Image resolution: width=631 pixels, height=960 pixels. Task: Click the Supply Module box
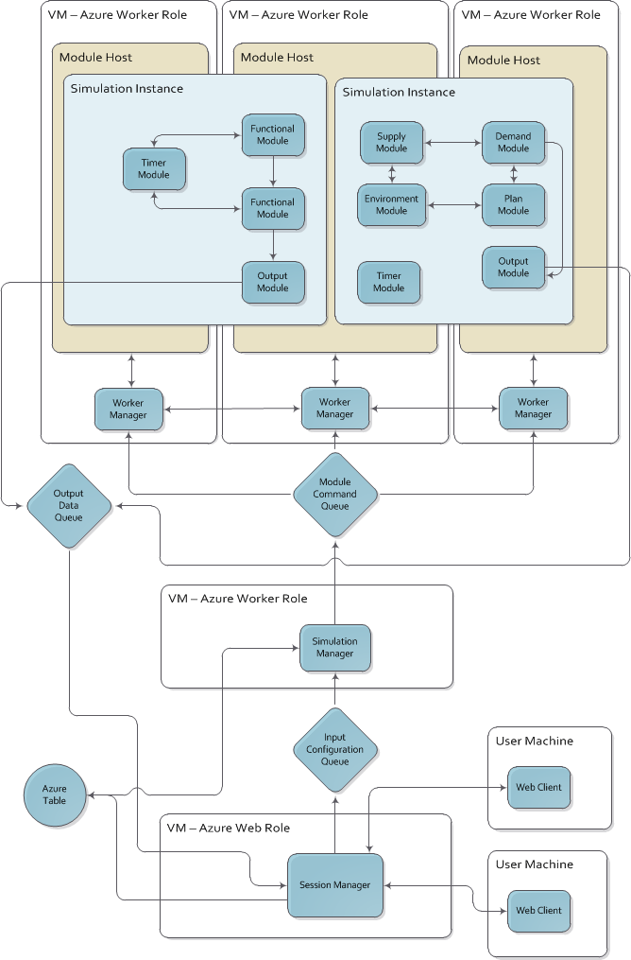(391, 142)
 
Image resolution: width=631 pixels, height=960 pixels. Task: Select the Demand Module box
(513, 142)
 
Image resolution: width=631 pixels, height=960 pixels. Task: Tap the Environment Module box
(391, 204)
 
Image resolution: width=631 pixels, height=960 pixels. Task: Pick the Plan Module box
(513, 204)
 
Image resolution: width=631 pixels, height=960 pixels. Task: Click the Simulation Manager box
(334, 648)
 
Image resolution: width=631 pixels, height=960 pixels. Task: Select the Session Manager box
(334, 884)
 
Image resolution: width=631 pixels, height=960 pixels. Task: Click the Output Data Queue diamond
(68, 505)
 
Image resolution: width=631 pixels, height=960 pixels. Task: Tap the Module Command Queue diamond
(334, 494)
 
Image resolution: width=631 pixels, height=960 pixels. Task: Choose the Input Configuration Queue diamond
(334, 750)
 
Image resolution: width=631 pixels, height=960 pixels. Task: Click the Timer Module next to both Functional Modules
(153, 168)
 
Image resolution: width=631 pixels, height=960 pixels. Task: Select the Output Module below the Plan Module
(513, 267)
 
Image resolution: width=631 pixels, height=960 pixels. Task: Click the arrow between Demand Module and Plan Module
(514, 174)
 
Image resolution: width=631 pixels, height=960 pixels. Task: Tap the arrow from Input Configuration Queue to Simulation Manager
(334, 689)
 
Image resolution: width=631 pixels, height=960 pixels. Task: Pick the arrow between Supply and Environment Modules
(391, 174)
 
